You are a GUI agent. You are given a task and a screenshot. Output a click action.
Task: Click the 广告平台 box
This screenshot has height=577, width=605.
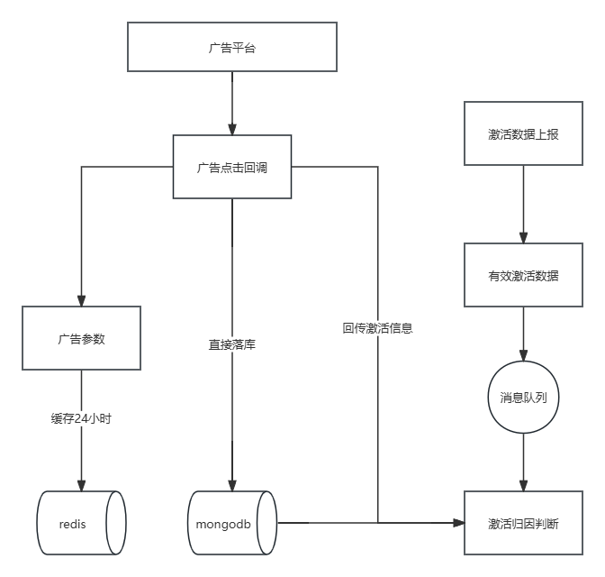232,48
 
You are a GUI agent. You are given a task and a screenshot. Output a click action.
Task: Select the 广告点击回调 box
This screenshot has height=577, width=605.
232,167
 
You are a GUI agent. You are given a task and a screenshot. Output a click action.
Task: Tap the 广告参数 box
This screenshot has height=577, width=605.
82,338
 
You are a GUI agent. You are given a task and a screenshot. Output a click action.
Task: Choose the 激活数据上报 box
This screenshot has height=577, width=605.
523,133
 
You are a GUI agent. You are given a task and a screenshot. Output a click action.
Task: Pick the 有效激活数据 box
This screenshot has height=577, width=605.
523,275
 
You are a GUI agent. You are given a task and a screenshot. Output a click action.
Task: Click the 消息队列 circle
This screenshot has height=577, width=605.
523,397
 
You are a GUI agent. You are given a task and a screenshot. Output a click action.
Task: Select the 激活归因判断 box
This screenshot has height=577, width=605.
523,523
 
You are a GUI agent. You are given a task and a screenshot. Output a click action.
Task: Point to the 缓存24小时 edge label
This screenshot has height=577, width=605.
82,418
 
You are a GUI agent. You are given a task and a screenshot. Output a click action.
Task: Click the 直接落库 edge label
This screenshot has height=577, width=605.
232,343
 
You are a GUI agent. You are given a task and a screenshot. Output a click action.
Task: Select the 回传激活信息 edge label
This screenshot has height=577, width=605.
377,328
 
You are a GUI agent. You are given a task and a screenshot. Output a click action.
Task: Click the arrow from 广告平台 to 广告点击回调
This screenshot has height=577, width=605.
232,103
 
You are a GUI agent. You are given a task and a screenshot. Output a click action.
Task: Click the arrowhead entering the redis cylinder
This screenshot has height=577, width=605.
82,486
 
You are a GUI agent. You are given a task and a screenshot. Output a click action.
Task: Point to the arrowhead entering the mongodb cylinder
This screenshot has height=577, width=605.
232,486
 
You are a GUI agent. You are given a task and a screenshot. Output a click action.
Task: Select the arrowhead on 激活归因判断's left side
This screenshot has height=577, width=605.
459,523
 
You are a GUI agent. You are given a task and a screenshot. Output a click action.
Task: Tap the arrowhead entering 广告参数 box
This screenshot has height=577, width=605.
82,301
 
